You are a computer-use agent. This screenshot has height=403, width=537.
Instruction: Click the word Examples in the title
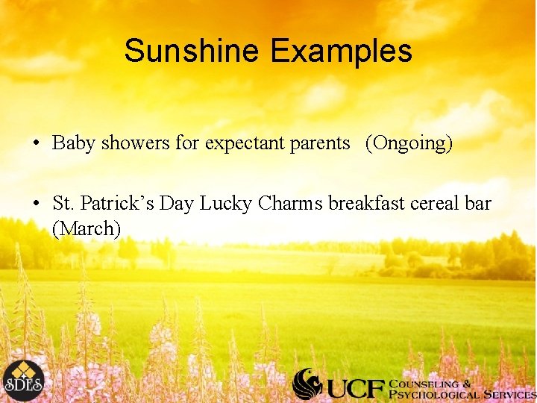[341, 51]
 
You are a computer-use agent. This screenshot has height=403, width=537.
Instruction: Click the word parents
[317, 143]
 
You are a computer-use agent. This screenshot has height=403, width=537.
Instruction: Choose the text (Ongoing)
[409, 143]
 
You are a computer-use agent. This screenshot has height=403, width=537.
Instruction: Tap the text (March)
[87, 228]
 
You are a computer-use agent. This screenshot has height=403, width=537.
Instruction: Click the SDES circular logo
[22, 381]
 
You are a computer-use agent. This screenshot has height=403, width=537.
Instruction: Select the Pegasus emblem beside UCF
[307, 384]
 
